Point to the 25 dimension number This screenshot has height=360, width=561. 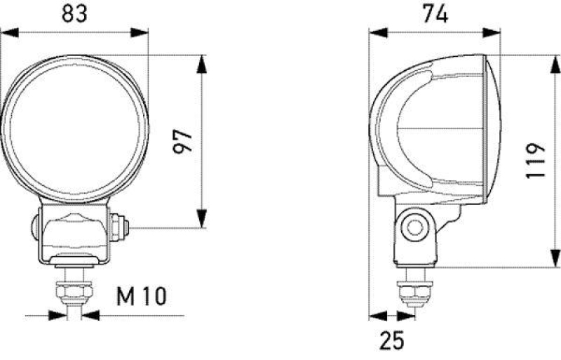tap(392, 340)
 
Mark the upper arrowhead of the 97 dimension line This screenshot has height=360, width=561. tap(202, 62)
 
